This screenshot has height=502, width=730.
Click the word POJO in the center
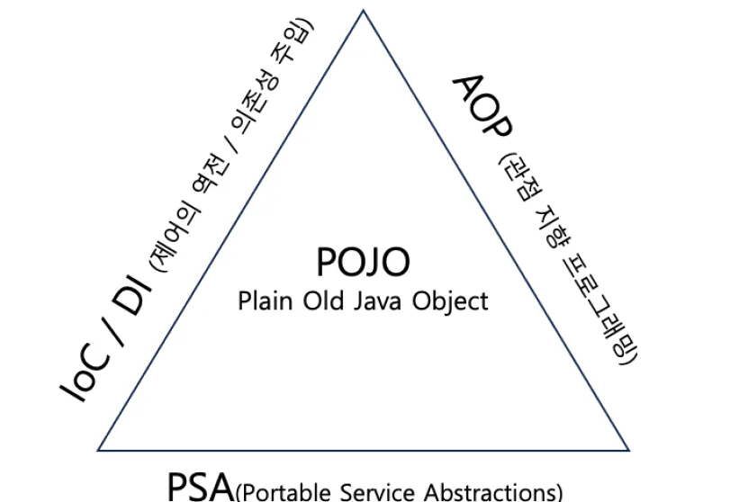[364, 261]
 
